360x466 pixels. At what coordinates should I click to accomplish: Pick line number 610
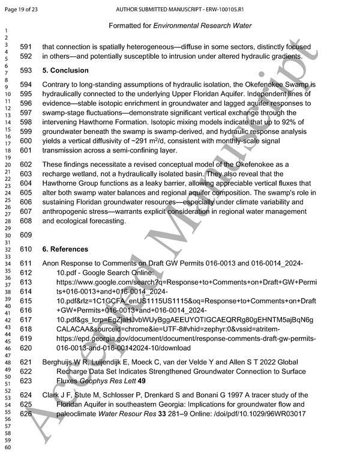tap(27, 249)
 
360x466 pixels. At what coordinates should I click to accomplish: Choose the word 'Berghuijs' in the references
tap(61, 362)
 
